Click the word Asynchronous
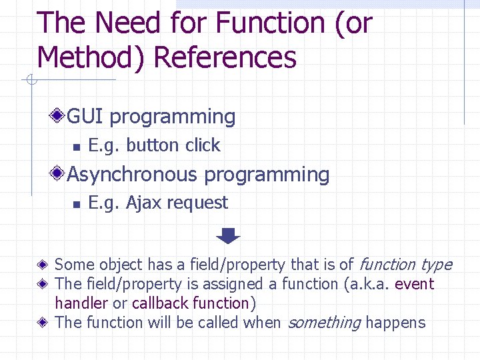tap(133, 175)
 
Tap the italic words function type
tap(405, 265)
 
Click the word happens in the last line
tap(395, 323)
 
